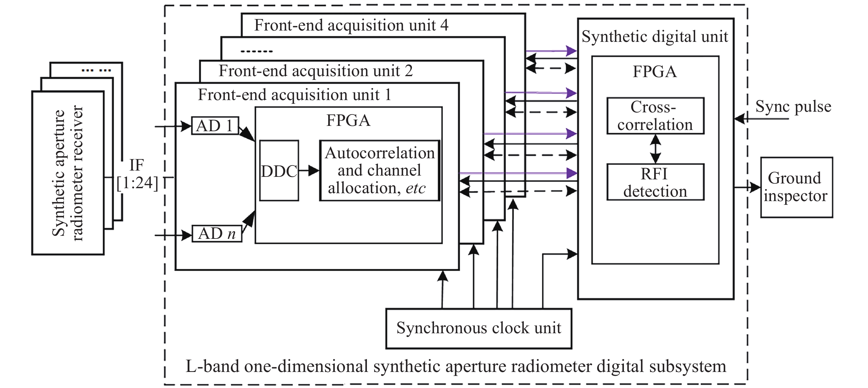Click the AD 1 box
point(215,126)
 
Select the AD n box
point(217,234)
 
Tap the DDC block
point(279,171)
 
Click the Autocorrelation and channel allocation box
point(380,171)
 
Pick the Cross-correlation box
point(655,116)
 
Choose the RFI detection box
point(655,182)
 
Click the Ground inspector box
point(796,187)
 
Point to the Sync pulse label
point(793,106)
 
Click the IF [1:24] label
point(137,174)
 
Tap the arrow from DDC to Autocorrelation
point(309,171)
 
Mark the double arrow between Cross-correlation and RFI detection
point(655,149)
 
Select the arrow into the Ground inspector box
point(747,187)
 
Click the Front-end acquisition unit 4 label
point(351,25)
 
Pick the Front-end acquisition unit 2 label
point(315,71)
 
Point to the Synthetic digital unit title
point(655,37)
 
